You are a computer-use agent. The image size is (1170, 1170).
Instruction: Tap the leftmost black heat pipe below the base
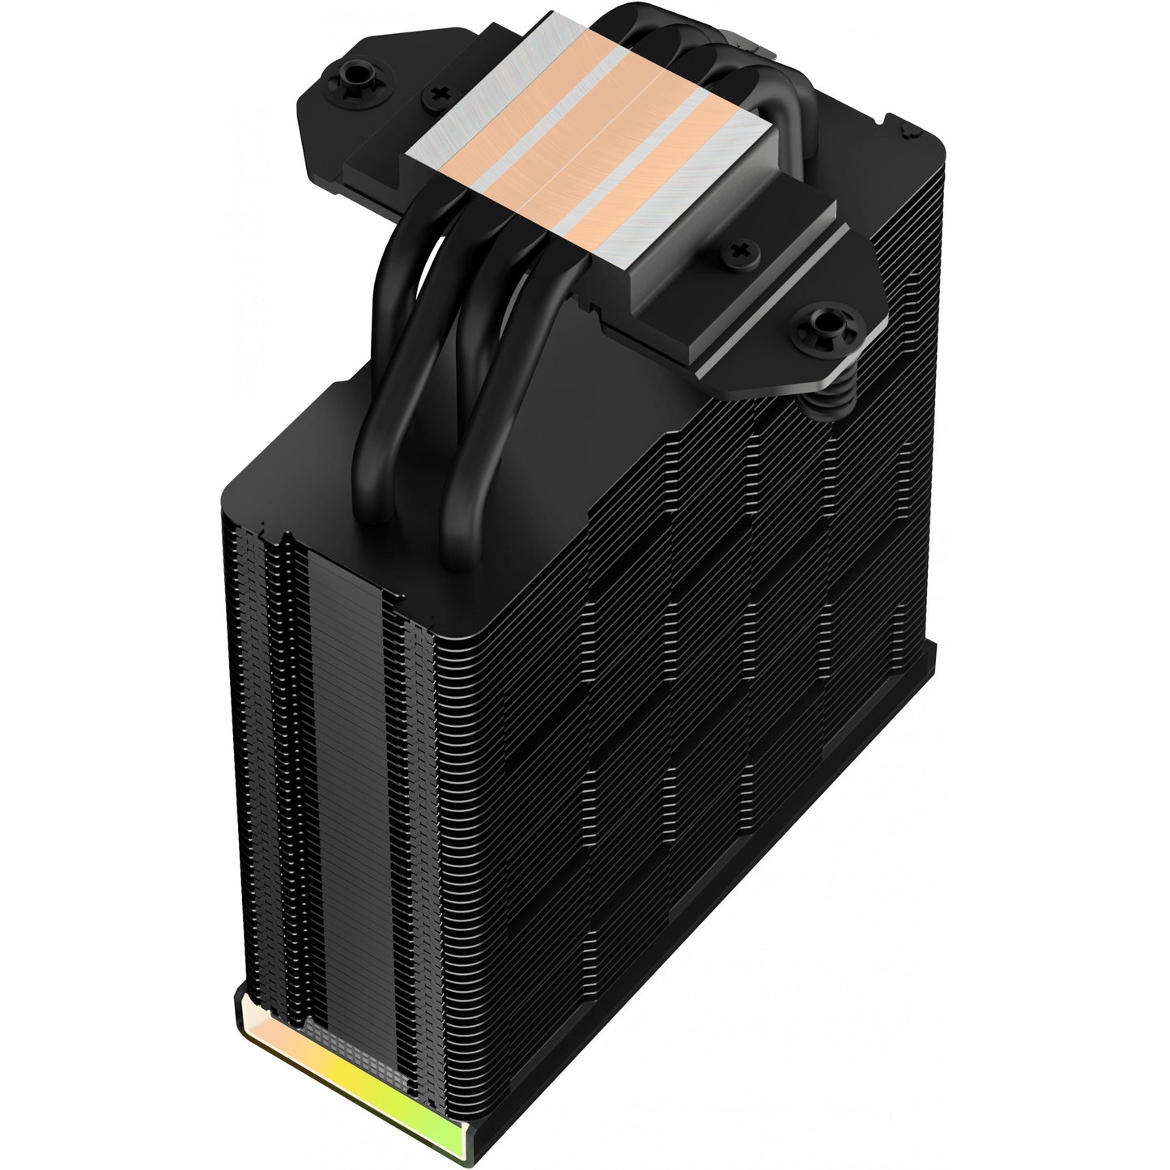381,421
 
